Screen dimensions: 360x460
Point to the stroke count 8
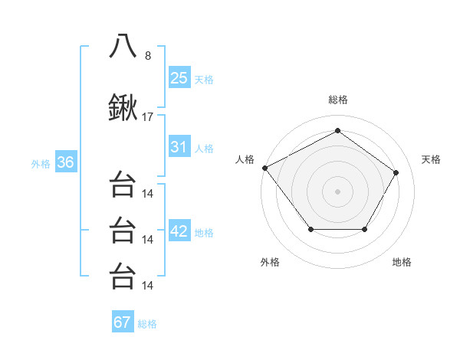pyautogui.click(x=148, y=55)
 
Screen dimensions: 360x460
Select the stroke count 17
pyautogui.click(x=148, y=118)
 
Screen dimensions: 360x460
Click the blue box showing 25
pyautogui.click(x=179, y=78)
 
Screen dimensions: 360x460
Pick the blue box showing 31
pyautogui.click(x=179, y=147)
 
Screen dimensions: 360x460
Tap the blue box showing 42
pyautogui.click(x=179, y=231)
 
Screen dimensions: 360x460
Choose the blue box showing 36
pyautogui.click(x=65, y=162)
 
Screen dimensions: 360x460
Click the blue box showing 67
pyautogui.click(x=122, y=322)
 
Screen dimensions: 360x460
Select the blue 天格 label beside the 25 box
pyautogui.click(x=204, y=79)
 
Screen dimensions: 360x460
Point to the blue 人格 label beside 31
pyautogui.click(x=204, y=148)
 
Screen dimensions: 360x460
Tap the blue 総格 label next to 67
pyautogui.click(x=147, y=323)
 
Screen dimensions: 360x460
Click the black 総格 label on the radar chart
pyautogui.click(x=337, y=100)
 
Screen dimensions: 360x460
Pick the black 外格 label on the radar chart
pyautogui.click(x=269, y=262)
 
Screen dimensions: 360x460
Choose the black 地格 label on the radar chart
pyautogui.click(x=402, y=262)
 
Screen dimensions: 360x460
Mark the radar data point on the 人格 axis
pyautogui.click(x=264, y=167)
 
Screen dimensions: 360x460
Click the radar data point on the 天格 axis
pyautogui.click(x=396, y=172)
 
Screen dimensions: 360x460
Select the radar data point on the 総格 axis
pyautogui.click(x=337, y=131)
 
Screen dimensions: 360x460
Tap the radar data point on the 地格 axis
pyautogui.click(x=364, y=229)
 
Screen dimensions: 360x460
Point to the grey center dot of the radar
pyautogui.click(x=337, y=191)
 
